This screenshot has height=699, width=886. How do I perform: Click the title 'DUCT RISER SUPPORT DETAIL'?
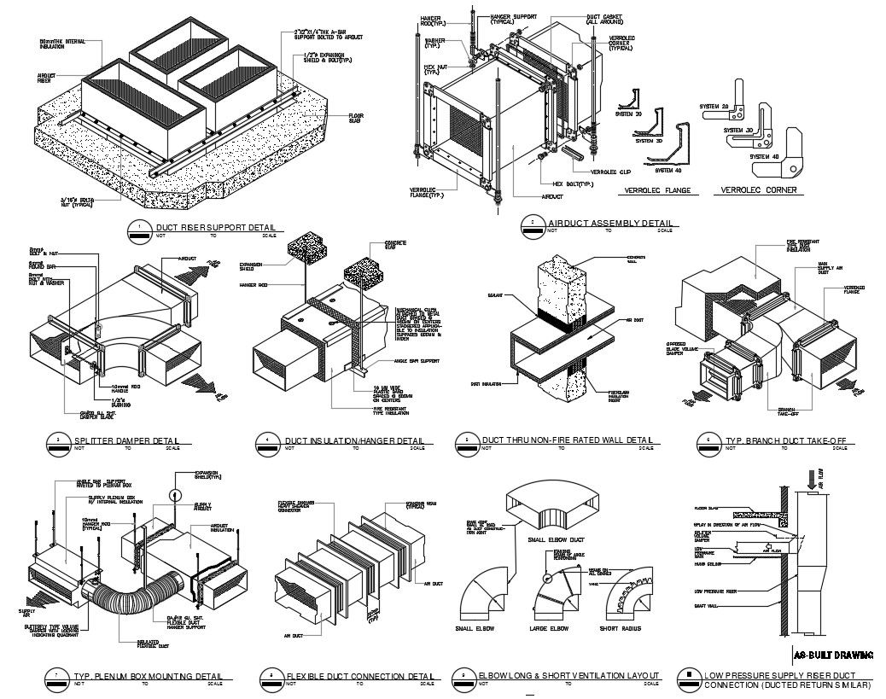(209, 227)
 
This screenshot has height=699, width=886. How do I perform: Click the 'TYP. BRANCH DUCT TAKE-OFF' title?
(785, 440)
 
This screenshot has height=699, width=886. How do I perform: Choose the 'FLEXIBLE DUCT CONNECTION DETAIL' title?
(359, 676)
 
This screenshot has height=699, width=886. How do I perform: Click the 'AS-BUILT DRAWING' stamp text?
(833, 655)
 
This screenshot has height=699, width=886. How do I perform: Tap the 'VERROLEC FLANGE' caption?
(657, 190)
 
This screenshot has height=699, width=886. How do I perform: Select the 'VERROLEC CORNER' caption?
(759, 190)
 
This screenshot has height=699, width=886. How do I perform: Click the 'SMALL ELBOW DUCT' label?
(555, 539)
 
